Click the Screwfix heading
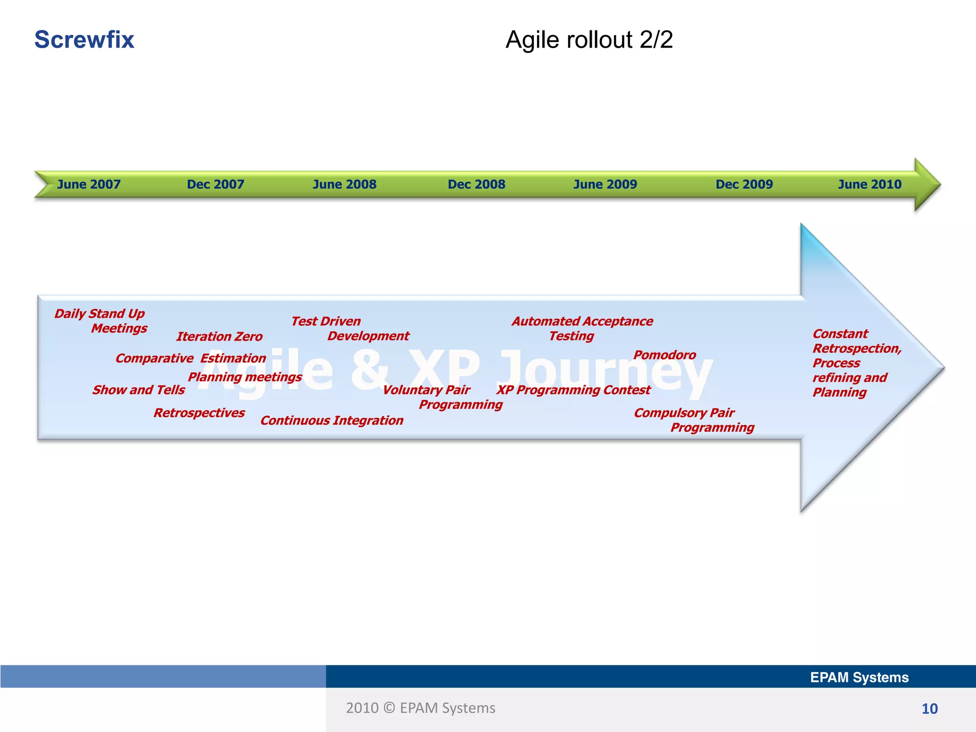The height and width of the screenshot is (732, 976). pyautogui.click(x=84, y=40)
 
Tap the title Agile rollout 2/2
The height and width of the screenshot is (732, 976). pyautogui.click(x=589, y=40)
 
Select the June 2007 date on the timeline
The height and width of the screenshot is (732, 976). pyautogui.click(x=89, y=184)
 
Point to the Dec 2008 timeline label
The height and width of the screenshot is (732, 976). pyautogui.click(x=476, y=184)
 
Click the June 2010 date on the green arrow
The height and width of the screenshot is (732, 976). pyautogui.click(x=869, y=184)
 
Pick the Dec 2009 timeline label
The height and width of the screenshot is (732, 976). pyautogui.click(x=744, y=184)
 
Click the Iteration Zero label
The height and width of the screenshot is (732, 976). pyautogui.click(x=219, y=336)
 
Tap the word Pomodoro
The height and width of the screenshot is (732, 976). pyautogui.click(x=664, y=355)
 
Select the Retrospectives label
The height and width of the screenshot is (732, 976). pyautogui.click(x=199, y=413)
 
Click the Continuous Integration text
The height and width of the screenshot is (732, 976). pyautogui.click(x=332, y=420)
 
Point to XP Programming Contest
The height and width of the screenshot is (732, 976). pyautogui.click(x=573, y=390)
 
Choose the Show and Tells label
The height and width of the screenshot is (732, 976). pyautogui.click(x=139, y=390)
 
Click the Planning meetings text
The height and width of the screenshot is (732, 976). pyautogui.click(x=245, y=377)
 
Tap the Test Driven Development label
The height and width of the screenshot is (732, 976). pyautogui.click(x=350, y=328)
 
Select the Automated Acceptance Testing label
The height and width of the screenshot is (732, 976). pyautogui.click(x=582, y=328)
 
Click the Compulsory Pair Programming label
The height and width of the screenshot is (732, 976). pyautogui.click(x=693, y=420)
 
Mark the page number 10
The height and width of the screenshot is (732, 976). pyautogui.click(x=929, y=709)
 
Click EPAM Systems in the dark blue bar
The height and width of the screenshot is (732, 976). pyautogui.click(x=859, y=677)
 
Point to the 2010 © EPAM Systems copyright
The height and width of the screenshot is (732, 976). pyautogui.click(x=420, y=708)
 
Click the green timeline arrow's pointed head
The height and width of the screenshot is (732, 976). pyautogui.click(x=927, y=184)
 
